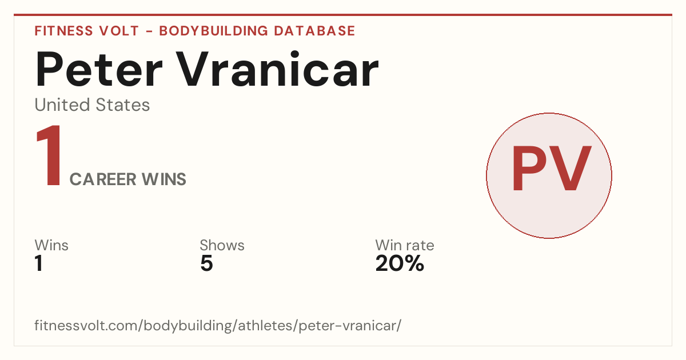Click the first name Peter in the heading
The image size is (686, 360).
[x=98, y=70]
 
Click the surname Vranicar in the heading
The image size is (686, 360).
[x=277, y=69]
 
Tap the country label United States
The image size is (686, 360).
[x=92, y=105]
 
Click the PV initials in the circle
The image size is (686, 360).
[x=551, y=169]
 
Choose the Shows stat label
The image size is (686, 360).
[x=222, y=245]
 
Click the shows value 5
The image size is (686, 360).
[x=206, y=263]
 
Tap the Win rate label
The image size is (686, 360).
[x=405, y=245]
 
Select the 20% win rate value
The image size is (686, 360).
[x=400, y=263]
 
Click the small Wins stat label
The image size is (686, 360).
[x=51, y=245]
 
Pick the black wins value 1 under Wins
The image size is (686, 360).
[x=39, y=263]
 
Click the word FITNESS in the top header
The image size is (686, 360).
[x=63, y=31]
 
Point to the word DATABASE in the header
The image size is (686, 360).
[x=314, y=31]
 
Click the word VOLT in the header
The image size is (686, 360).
[x=119, y=31]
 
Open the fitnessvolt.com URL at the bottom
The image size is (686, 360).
[x=218, y=326]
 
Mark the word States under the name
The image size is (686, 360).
[x=122, y=105]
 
